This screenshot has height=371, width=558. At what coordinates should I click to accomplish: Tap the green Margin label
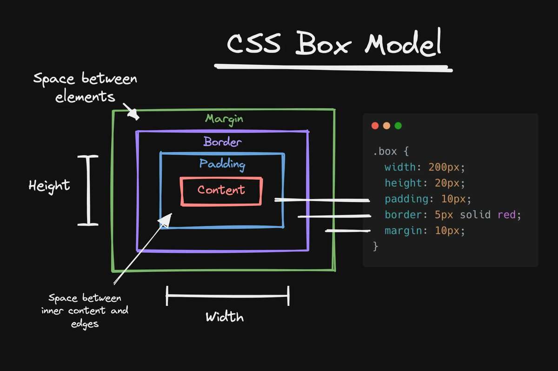224,119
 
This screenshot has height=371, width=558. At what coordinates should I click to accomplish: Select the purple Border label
223,141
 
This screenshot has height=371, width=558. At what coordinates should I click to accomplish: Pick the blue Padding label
222,164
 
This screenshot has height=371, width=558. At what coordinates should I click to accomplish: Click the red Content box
221,191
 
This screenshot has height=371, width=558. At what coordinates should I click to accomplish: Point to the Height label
49,185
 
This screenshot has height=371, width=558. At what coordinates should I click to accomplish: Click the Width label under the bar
225,318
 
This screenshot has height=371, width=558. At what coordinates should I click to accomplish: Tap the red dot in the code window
375,126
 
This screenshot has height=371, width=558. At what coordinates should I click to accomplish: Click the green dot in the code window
398,126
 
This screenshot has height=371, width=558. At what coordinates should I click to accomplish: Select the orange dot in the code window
386,126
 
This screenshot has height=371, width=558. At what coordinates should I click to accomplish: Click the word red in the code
507,215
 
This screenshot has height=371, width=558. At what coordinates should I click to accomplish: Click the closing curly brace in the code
376,246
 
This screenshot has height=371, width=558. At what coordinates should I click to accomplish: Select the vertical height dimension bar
88,191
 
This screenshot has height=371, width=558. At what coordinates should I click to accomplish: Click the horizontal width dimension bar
228,295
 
